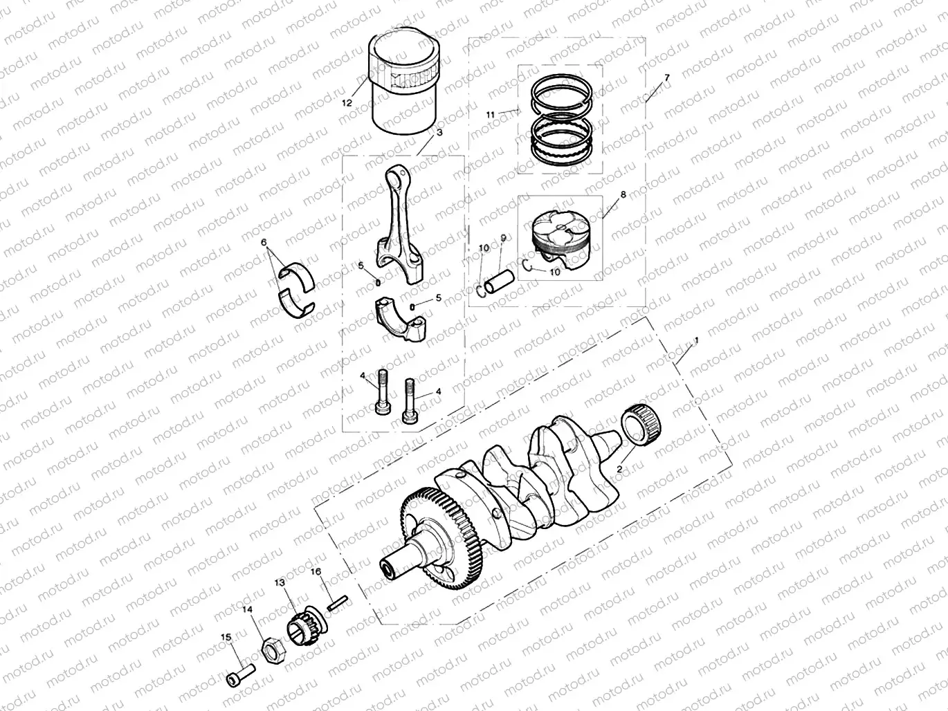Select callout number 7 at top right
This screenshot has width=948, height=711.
point(666,77)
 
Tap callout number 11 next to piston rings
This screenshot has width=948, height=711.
point(490,114)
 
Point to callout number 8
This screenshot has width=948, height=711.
point(623,195)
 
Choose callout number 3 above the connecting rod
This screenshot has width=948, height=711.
point(439,132)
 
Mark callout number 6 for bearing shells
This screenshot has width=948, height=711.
point(264,243)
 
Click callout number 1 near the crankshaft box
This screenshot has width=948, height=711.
point(696,341)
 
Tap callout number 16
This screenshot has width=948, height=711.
point(316,572)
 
